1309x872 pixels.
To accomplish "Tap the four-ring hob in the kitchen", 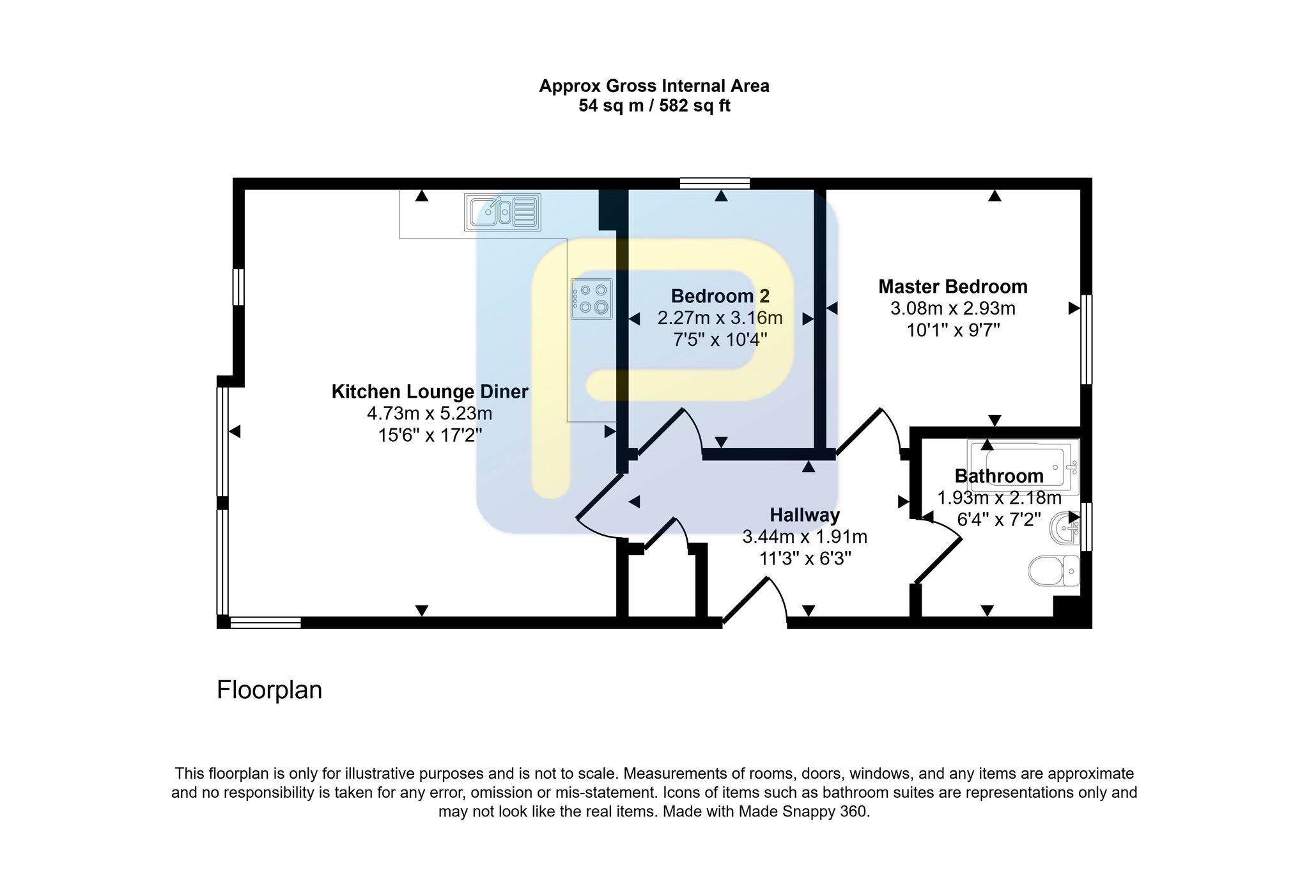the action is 592,299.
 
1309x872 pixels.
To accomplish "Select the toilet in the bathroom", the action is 1054,570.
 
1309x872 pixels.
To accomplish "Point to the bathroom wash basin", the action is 1065,527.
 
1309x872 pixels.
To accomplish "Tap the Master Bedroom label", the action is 953,286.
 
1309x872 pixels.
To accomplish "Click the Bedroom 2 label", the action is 720,296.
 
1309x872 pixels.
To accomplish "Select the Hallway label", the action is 805,515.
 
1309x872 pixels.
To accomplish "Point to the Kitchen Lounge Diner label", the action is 430,391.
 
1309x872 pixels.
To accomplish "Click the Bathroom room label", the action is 999,476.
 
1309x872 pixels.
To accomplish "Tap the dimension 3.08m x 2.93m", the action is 953,309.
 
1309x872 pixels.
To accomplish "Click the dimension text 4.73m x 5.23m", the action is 430,414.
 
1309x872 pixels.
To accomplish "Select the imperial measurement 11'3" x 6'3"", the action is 805,559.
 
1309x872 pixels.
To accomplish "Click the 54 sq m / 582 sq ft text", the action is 654,105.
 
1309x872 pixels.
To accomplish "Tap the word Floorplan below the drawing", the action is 269,690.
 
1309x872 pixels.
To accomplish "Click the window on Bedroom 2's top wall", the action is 715,183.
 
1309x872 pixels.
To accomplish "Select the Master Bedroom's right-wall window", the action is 1086,339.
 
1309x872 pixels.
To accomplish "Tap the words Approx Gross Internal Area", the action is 654,86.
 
